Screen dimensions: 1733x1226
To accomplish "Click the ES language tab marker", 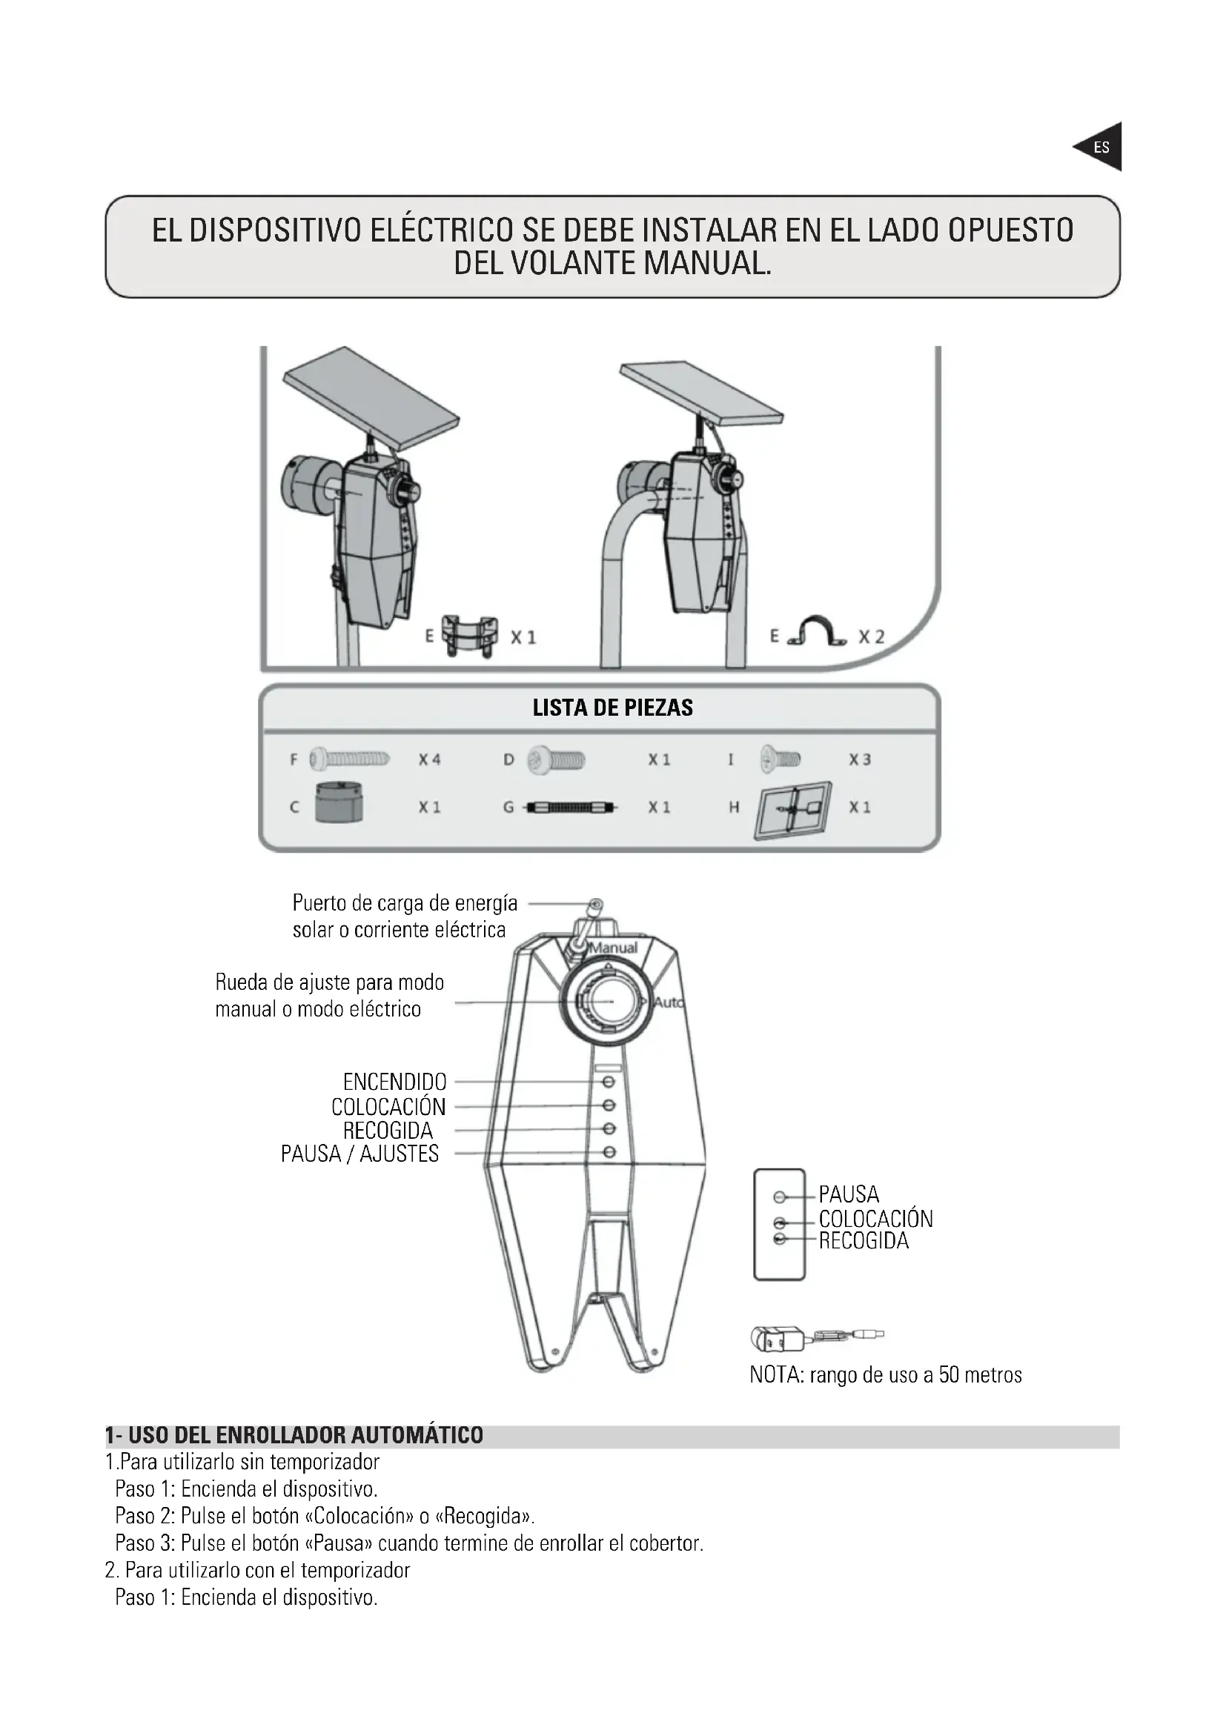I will click(x=1101, y=147).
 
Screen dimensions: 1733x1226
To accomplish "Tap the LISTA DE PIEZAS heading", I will click(x=612, y=708).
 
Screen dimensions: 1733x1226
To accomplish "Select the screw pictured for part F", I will click(x=350, y=759).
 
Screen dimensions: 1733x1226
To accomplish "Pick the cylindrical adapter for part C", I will click(x=338, y=802).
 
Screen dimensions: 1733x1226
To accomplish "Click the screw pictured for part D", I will click(x=557, y=759).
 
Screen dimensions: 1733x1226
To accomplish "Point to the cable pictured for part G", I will click(x=571, y=808).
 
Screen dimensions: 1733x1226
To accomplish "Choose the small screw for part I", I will click(x=781, y=757).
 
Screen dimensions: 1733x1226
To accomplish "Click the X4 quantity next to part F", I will click(x=430, y=760).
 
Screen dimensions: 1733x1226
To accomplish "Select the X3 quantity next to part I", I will click(x=860, y=760).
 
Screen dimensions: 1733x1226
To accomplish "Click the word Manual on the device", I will click(x=614, y=948).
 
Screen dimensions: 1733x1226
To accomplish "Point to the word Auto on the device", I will click(x=668, y=1003).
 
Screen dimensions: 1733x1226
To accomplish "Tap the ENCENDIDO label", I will click(x=394, y=1082).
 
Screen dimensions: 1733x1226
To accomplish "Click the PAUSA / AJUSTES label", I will click(x=359, y=1154).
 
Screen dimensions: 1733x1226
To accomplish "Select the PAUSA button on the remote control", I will click(x=780, y=1197).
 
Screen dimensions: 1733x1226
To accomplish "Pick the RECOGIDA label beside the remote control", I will click(x=864, y=1241).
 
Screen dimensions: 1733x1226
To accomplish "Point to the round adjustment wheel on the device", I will click(x=607, y=1001).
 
